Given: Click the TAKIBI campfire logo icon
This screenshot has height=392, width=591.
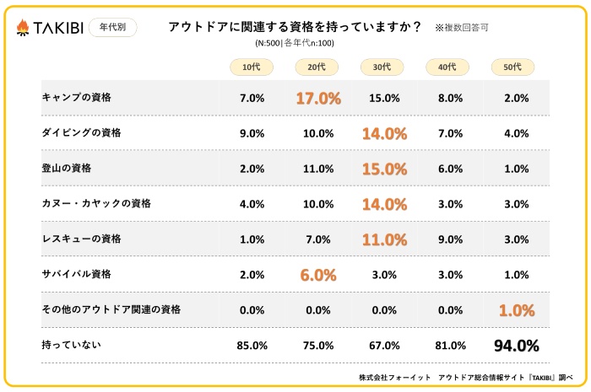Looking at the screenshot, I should coord(24,28).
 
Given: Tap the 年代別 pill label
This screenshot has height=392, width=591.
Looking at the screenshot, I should coord(112,28).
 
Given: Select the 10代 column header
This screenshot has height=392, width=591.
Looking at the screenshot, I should coord(252,67).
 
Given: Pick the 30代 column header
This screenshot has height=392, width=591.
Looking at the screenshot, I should coord(382,67).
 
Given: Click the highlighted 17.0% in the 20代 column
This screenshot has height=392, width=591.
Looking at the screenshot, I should coord(318,99).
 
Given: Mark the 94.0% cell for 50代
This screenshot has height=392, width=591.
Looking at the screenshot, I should coord(516,345).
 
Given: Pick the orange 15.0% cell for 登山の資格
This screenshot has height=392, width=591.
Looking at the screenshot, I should coord(384,169).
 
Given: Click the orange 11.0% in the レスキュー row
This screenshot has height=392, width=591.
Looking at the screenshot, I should coord(384,239).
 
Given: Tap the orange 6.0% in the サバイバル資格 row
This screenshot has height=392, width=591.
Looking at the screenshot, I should coord(318,275).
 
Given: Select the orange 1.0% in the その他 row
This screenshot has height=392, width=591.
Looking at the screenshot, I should coord(516,310).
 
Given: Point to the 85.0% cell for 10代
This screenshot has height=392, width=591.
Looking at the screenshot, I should coord(252,345).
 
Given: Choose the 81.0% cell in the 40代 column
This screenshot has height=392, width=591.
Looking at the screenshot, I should coord(450,345).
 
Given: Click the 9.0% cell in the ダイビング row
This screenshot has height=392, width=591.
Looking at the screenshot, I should coord(252,133).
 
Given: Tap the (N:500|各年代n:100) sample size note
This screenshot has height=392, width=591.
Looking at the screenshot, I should coord(295,43).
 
